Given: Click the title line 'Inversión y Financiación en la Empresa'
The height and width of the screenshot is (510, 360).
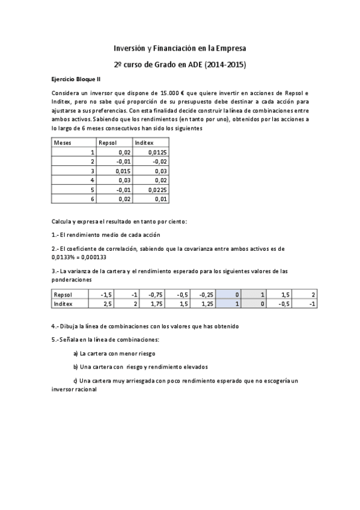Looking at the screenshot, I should click(180, 48).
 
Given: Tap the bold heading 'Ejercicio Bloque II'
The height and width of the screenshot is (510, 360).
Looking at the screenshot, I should click(75, 79).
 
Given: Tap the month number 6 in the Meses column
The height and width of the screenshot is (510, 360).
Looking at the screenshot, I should click(93, 198).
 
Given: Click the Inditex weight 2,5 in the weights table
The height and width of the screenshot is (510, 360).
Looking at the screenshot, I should click(107, 304).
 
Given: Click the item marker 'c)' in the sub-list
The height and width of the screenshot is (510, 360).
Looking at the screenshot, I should click(75, 381).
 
